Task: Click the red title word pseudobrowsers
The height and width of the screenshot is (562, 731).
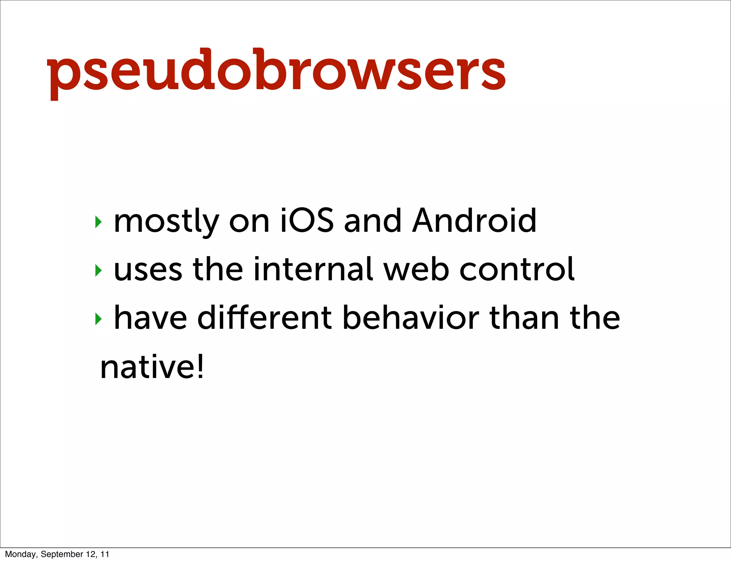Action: pyautogui.click(x=276, y=71)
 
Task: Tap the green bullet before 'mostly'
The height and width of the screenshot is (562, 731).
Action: pyautogui.click(x=98, y=222)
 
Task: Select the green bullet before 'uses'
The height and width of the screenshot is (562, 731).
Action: pyautogui.click(x=98, y=270)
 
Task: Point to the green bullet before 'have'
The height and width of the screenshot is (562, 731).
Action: pyautogui.click(x=98, y=319)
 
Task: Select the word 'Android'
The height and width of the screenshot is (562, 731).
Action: pyautogui.click(x=474, y=221)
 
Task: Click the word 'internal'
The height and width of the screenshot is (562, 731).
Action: pyautogui.click(x=313, y=269)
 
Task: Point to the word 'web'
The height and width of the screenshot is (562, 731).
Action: pyautogui.click(x=416, y=269)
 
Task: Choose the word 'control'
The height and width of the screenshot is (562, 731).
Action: pyautogui.click(x=517, y=269)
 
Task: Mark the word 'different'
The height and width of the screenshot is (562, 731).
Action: pyautogui.click(x=265, y=317)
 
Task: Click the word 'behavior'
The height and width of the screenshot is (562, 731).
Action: pyautogui.click(x=410, y=317)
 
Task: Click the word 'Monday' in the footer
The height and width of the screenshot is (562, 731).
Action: pyautogui.click(x=20, y=554)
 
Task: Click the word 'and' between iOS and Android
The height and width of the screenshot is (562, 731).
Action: pyautogui.click(x=373, y=221)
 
